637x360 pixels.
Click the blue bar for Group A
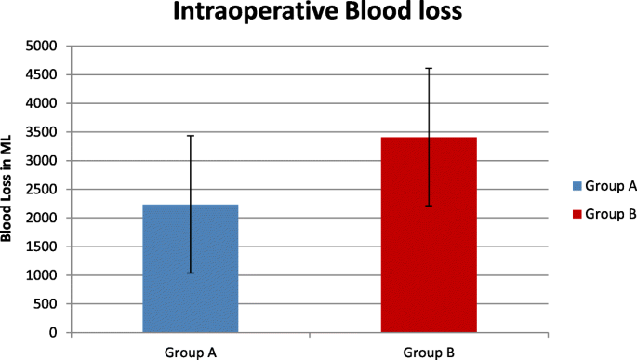190,279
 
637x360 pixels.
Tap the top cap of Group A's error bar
191,136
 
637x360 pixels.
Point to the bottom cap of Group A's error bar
191,273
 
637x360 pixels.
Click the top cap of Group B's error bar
429,68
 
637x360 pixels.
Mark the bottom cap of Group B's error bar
429,205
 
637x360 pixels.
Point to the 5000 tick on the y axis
42,47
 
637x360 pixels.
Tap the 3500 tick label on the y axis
42,132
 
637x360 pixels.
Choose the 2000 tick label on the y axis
42,219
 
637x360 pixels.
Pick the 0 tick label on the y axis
53,333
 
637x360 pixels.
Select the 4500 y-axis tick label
42,75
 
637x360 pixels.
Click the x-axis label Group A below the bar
190,352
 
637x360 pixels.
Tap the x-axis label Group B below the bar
429,352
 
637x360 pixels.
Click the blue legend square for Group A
577,187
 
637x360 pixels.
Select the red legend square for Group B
577,215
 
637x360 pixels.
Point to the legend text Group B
611,215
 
